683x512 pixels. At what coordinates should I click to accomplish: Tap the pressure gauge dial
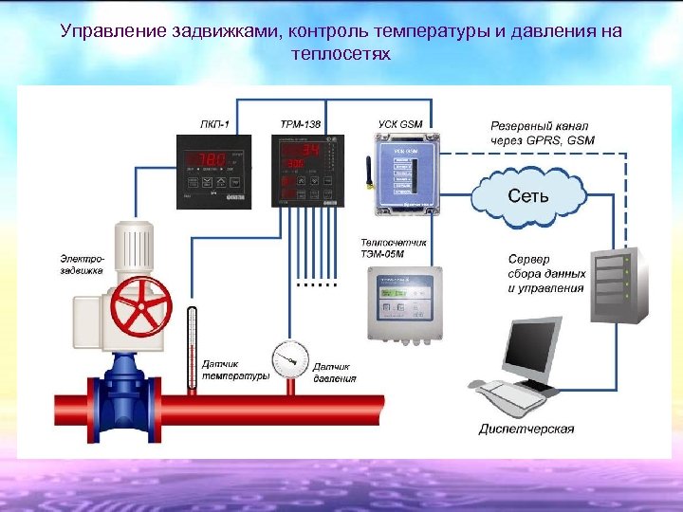pos(289,358)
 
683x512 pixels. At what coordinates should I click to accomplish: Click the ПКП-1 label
pos(214,125)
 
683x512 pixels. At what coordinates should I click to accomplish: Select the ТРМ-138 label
pos(300,125)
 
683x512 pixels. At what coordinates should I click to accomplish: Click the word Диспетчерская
pos(526,429)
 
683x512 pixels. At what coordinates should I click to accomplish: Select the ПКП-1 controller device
pos(215,171)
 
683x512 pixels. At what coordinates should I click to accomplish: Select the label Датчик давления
pos(335,372)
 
